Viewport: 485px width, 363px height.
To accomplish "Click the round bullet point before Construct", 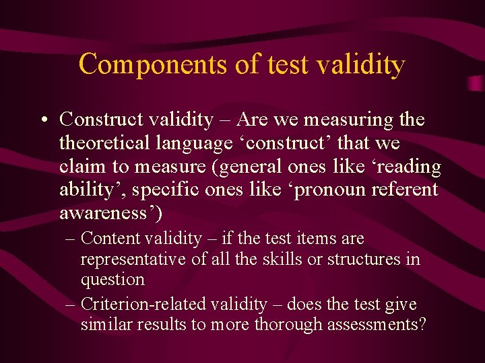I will coord(43,120).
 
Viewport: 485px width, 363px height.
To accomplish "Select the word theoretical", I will coord(107,143).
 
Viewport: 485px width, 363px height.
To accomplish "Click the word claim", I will coord(79,167).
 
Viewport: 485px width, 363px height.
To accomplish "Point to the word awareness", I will coord(106,214).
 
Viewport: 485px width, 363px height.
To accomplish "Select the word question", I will coord(112,279).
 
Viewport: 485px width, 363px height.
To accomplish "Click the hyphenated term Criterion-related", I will coord(143,305).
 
